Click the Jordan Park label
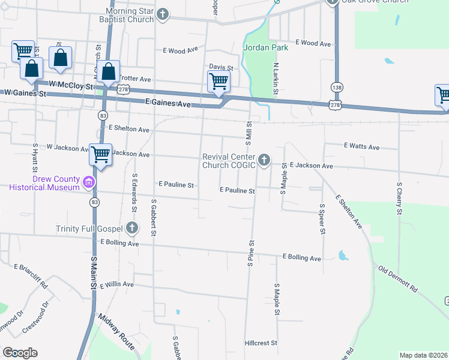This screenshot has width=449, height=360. coord(266,47)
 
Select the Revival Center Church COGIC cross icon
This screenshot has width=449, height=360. coord(265,160)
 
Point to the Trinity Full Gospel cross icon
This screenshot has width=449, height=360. coord(132,228)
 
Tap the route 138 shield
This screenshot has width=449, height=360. coord(335,87)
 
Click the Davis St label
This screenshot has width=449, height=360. coord(221,67)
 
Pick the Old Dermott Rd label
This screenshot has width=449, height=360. coord(398,278)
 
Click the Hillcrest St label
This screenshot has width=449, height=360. coord(261,343)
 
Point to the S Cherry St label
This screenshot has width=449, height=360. coord(399,198)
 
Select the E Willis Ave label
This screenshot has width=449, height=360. coord(117,284)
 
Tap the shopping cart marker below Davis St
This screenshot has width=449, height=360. coord(218,82)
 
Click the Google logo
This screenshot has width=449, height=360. coord(20,353)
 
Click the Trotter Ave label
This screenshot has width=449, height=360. coord(136,79)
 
